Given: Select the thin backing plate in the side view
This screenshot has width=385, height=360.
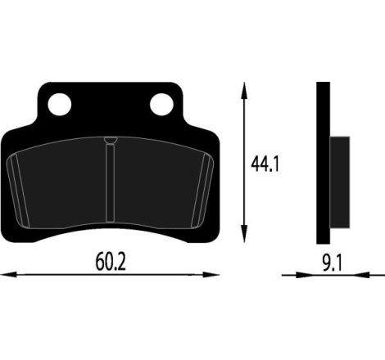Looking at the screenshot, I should (323, 164).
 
